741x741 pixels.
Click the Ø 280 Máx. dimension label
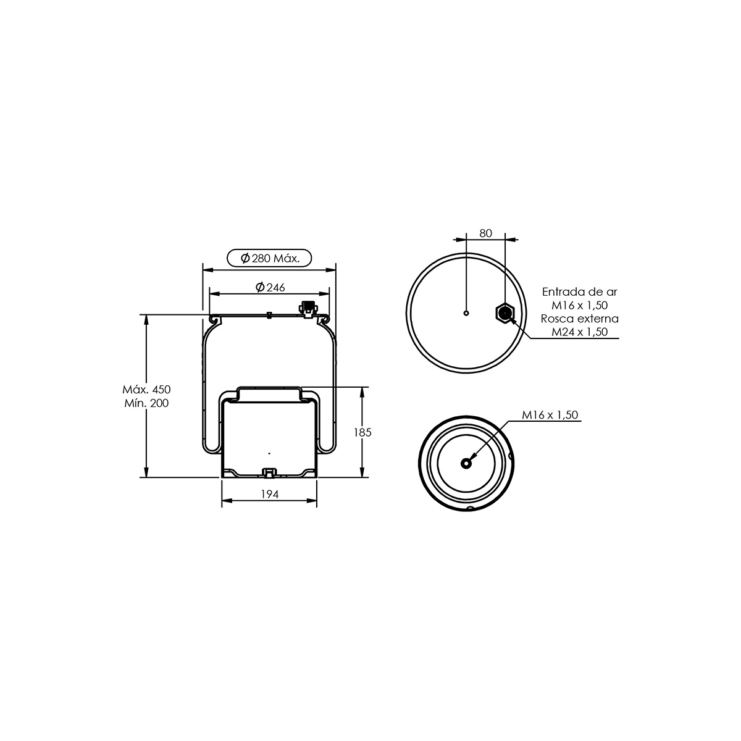(x=270, y=258)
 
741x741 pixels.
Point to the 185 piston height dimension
(x=362, y=433)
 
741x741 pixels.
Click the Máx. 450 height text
(x=146, y=390)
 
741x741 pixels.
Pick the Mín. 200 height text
(x=146, y=403)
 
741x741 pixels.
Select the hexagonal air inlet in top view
(x=505, y=313)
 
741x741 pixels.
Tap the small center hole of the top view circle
(x=466, y=313)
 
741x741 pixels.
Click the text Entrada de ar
(x=579, y=292)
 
